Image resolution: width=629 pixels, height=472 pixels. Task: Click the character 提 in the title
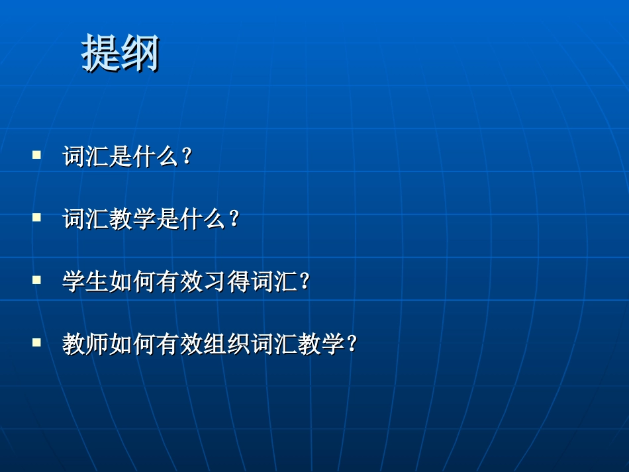click(x=101, y=53)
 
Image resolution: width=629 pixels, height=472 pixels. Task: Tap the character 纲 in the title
click(x=140, y=53)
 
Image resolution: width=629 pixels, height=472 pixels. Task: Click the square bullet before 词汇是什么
click(x=37, y=155)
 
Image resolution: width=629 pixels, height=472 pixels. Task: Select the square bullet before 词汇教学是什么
click(x=37, y=217)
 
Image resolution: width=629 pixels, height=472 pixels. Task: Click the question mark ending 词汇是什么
click(x=187, y=158)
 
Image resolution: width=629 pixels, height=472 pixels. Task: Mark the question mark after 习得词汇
click(x=305, y=283)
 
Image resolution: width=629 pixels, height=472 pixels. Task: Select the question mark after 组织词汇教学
click(x=352, y=345)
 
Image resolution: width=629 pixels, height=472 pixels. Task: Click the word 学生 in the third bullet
click(x=86, y=283)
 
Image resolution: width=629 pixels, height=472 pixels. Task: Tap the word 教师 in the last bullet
click(x=86, y=345)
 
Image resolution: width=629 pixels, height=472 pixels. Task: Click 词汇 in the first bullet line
click(x=86, y=158)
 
